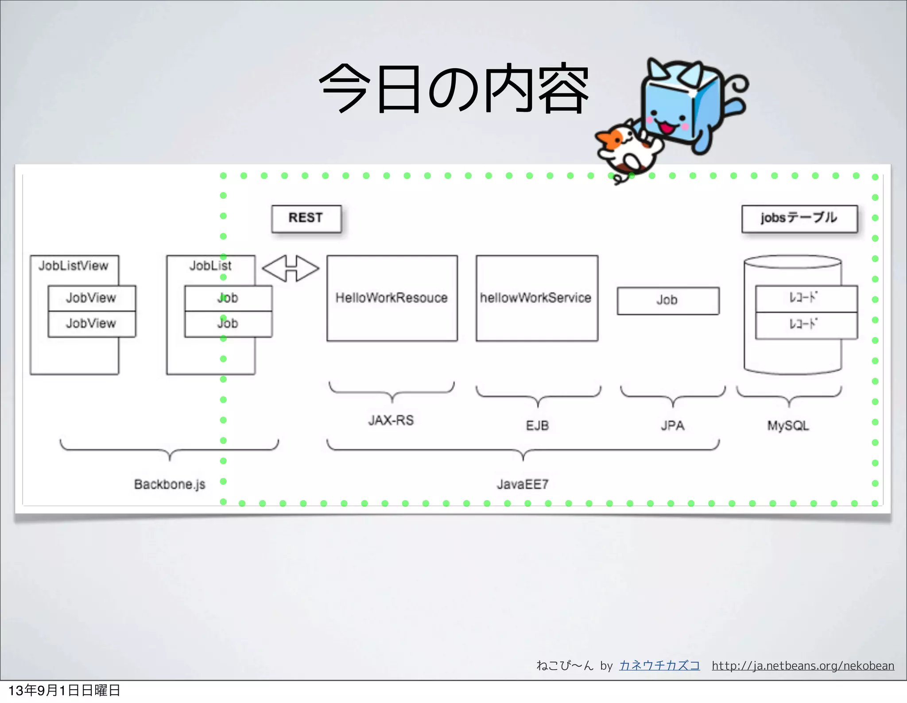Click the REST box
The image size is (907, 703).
pos(306,218)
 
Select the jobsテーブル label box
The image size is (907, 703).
pos(799,218)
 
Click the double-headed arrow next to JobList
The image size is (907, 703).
pos(291,268)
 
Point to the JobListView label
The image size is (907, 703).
pos(74,266)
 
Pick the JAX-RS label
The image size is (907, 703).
pos(391,420)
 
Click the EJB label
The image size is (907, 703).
pos(537,426)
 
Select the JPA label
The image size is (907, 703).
pos(673,426)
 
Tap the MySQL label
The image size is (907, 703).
pos(788,426)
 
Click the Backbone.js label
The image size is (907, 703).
pos(170,484)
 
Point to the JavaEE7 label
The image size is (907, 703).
pos(523,484)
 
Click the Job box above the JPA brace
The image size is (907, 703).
pos(668,301)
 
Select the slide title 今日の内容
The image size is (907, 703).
pos(453,89)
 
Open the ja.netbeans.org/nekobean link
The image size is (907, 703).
pos(803,666)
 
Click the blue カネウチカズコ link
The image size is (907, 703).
pos(659,666)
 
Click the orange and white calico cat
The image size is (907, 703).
pos(627,148)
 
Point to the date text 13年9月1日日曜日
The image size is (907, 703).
pos(64,691)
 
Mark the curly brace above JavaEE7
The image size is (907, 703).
pos(523,450)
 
